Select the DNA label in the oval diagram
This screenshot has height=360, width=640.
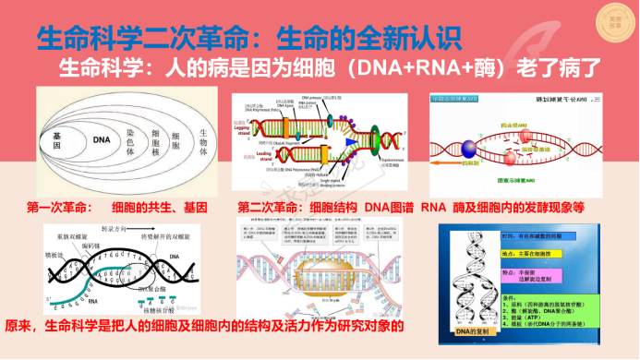coord(103,139)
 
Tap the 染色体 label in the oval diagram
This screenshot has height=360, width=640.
coord(132,140)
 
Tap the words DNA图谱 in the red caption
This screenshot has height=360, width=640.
coord(386,209)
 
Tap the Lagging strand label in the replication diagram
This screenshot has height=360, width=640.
coord(242,128)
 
